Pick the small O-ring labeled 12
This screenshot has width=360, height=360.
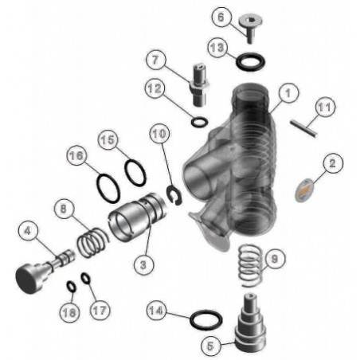coord(198,122)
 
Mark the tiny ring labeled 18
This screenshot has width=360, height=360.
coord(70,286)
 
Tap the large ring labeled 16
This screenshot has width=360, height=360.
coord(108,187)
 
